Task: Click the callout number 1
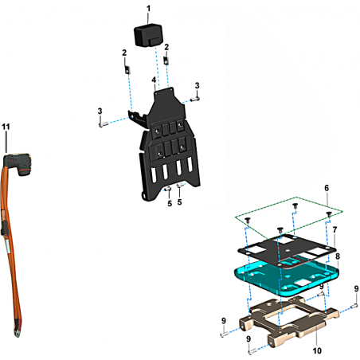pyautogui.click(x=148, y=9)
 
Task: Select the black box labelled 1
pyautogui.click(x=148, y=35)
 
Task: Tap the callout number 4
pyautogui.click(x=154, y=80)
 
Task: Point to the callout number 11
pyautogui.click(x=6, y=127)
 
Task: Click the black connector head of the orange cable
pyautogui.click(x=18, y=163)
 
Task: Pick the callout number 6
pyautogui.click(x=327, y=188)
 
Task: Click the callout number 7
pyautogui.click(x=335, y=229)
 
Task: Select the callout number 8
pyautogui.click(x=338, y=256)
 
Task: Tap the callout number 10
pyautogui.click(x=317, y=350)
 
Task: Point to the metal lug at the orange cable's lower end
pyautogui.click(x=17, y=332)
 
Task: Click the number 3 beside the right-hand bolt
pyautogui.click(x=197, y=85)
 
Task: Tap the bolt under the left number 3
pyautogui.click(x=104, y=123)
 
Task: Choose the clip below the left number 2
pyautogui.click(x=127, y=70)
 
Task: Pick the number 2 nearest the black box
pyautogui.click(x=166, y=47)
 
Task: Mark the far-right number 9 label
pyautogui.click(x=356, y=288)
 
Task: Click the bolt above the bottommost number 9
pyautogui.click(x=252, y=351)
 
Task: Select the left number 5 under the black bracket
pyautogui.click(x=170, y=204)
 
